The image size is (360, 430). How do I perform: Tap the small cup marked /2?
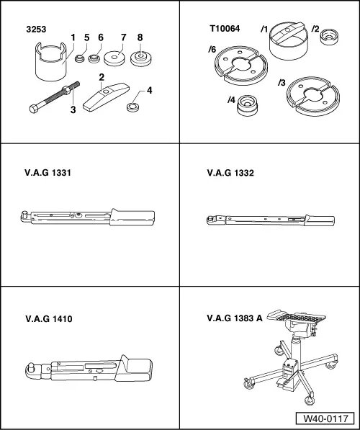tap(330, 54)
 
